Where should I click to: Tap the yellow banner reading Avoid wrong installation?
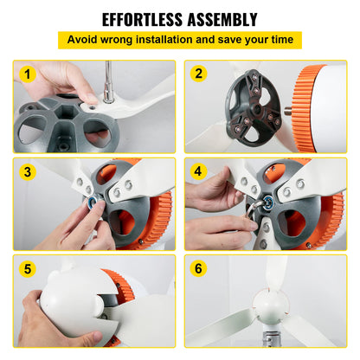tap(179, 41)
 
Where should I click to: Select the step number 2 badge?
tap(200, 74)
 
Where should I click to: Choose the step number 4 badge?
tap(200, 172)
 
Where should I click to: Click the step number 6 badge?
tap(200, 270)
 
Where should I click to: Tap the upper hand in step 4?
tap(208, 192)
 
